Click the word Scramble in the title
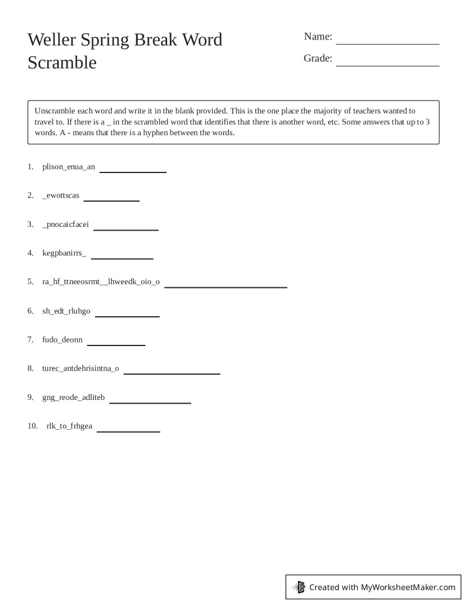62,62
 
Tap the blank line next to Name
387,41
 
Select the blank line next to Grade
387,64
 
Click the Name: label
318,37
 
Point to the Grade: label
318,58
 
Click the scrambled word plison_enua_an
69,167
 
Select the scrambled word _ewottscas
61,195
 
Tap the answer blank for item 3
125,229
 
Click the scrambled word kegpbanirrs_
64,253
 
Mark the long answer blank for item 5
225,286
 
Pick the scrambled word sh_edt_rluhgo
66,311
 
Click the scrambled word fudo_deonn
62,340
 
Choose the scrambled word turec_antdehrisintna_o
81,368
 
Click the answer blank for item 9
150,402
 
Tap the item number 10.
32,426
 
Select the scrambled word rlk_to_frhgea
69,426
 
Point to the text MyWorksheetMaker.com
407,587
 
